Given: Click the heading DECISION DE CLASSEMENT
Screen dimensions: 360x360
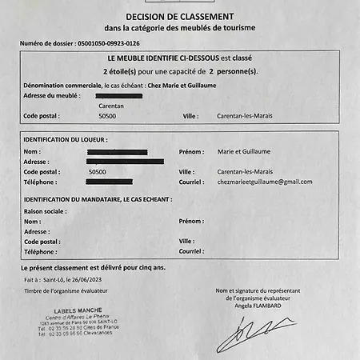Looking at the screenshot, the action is click(x=179, y=17).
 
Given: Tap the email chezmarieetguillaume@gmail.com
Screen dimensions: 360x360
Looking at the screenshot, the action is click(x=265, y=182).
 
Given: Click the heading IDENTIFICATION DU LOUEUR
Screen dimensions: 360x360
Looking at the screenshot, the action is click(x=66, y=139).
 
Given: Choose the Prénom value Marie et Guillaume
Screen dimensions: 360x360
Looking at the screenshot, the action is click(x=245, y=151).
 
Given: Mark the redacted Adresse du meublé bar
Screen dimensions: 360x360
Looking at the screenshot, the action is click(x=118, y=95).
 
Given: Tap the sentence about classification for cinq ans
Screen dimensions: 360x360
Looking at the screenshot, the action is click(x=93, y=266).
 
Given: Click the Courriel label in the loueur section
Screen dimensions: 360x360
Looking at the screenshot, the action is click(x=191, y=182).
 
